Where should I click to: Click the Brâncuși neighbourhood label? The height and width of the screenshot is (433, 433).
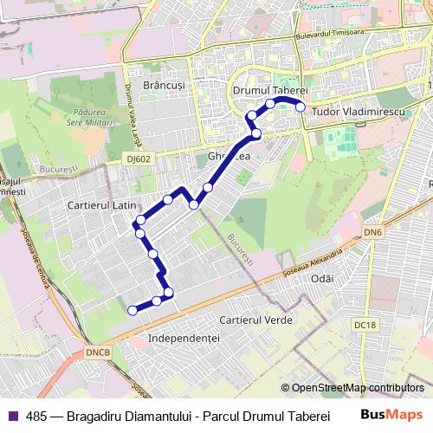tap(165, 88)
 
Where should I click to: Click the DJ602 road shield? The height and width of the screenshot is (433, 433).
tap(138, 158)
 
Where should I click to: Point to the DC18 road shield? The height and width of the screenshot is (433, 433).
tap(366, 326)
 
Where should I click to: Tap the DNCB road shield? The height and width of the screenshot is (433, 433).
tap(98, 353)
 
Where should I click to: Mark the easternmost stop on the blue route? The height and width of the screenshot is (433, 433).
tap(301, 107)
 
